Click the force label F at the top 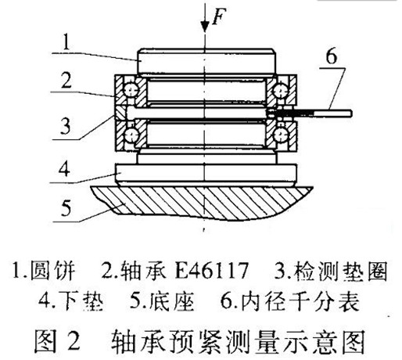(x=218, y=16)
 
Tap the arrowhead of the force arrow (x=205, y=27)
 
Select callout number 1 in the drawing (x=66, y=41)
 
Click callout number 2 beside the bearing (x=66, y=80)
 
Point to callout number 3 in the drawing (x=66, y=126)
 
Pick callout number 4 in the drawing (x=65, y=168)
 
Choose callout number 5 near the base (x=66, y=207)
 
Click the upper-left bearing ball (x=131, y=91)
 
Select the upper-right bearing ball (x=281, y=91)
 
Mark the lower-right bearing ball (x=280, y=135)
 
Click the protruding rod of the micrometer (x=323, y=113)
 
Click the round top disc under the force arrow (x=206, y=61)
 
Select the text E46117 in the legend (x=211, y=271)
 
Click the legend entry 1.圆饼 (x=44, y=271)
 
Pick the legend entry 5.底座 (x=162, y=301)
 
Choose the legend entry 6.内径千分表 (x=290, y=301)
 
